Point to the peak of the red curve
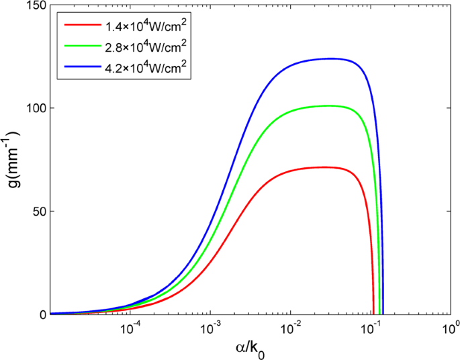tap(324, 167)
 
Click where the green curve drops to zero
tap(379, 313)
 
